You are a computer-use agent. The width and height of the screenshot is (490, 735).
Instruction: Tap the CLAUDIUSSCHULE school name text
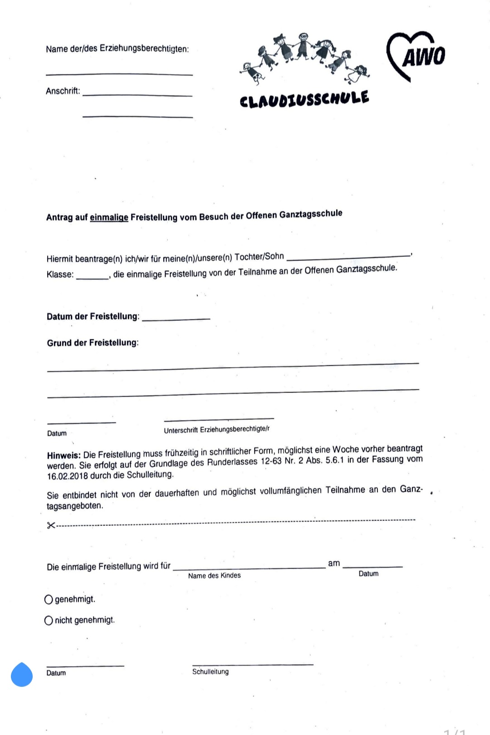[x=304, y=99]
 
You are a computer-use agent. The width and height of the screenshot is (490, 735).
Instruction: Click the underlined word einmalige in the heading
[x=109, y=217]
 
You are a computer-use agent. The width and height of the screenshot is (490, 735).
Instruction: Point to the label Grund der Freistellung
[x=93, y=343]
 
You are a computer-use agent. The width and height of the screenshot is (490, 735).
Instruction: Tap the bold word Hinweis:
[x=64, y=455]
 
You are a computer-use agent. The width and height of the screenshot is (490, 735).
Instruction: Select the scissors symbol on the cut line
[x=51, y=525]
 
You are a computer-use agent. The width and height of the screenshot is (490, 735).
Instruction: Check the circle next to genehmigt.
[x=49, y=600]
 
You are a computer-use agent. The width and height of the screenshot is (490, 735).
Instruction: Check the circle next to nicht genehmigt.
[x=49, y=621]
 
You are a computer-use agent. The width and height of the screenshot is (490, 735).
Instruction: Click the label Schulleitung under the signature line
[x=211, y=671]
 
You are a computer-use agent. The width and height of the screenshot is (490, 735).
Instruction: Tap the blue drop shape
[x=22, y=675]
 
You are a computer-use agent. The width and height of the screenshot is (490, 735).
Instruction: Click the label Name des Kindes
[x=214, y=575]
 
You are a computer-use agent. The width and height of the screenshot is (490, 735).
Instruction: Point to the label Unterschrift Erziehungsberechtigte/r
[x=216, y=429]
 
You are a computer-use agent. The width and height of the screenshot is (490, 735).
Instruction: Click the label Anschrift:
[x=63, y=91]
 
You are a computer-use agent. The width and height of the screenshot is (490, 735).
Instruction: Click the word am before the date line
[x=334, y=563]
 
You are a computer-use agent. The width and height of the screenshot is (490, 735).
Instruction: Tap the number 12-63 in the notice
[x=271, y=461]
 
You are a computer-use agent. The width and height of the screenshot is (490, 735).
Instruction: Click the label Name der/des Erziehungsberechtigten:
[x=117, y=49]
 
